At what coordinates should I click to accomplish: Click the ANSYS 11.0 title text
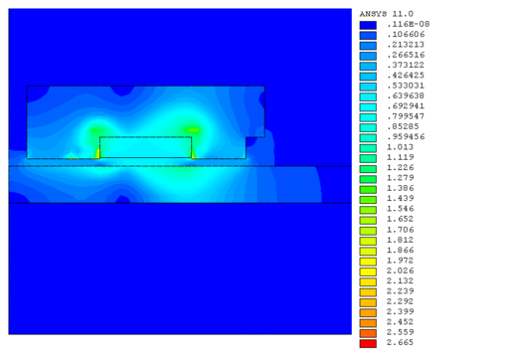pyautogui.click(x=387, y=14)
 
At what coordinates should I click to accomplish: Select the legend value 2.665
pyautogui.click(x=400, y=342)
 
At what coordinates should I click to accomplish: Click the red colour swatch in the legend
pyautogui.click(x=368, y=344)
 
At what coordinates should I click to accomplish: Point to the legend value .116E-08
pyautogui.click(x=409, y=24)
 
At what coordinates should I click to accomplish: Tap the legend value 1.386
pyautogui.click(x=400, y=188)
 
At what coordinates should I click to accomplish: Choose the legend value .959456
pyautogui.click(x=406, y=136)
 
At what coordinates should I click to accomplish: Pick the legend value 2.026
pyautogui.click(x=400, y=270)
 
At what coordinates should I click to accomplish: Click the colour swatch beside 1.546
pyautogui.click(x=368, y=210)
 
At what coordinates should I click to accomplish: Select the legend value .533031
pyautogui.click(x=406, y=86)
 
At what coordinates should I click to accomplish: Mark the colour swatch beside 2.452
pyautogui.click(x=368, y=323)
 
